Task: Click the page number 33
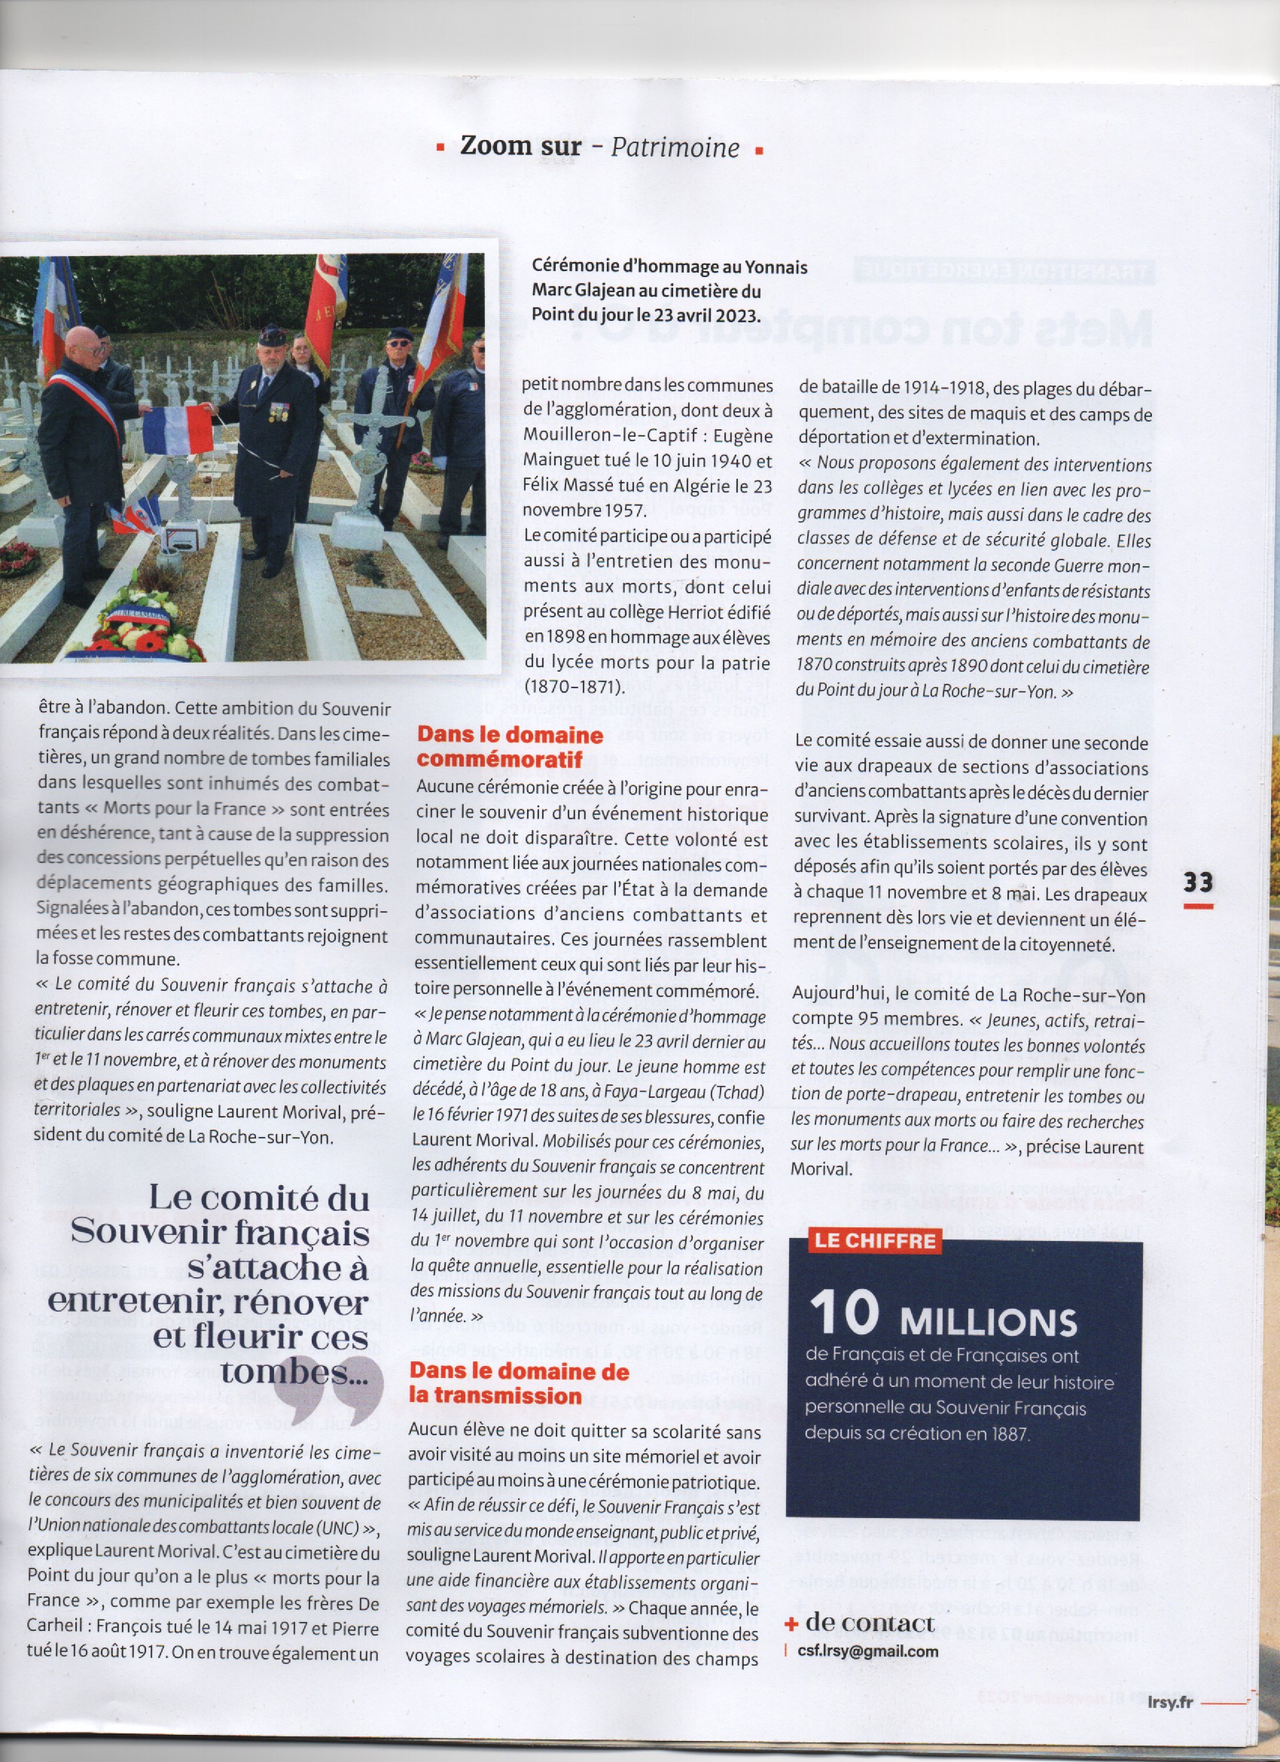tap(1198, 883)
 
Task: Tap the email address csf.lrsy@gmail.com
tap(867, 1651)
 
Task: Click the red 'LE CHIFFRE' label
tap(875, 1241)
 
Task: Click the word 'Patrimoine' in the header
tap(674, 147)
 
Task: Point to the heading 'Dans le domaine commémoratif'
tap(510, 747)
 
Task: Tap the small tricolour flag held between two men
tap(178, 431)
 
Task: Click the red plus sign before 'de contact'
tap(791, 1623)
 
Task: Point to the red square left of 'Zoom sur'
tap(440, 147)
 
